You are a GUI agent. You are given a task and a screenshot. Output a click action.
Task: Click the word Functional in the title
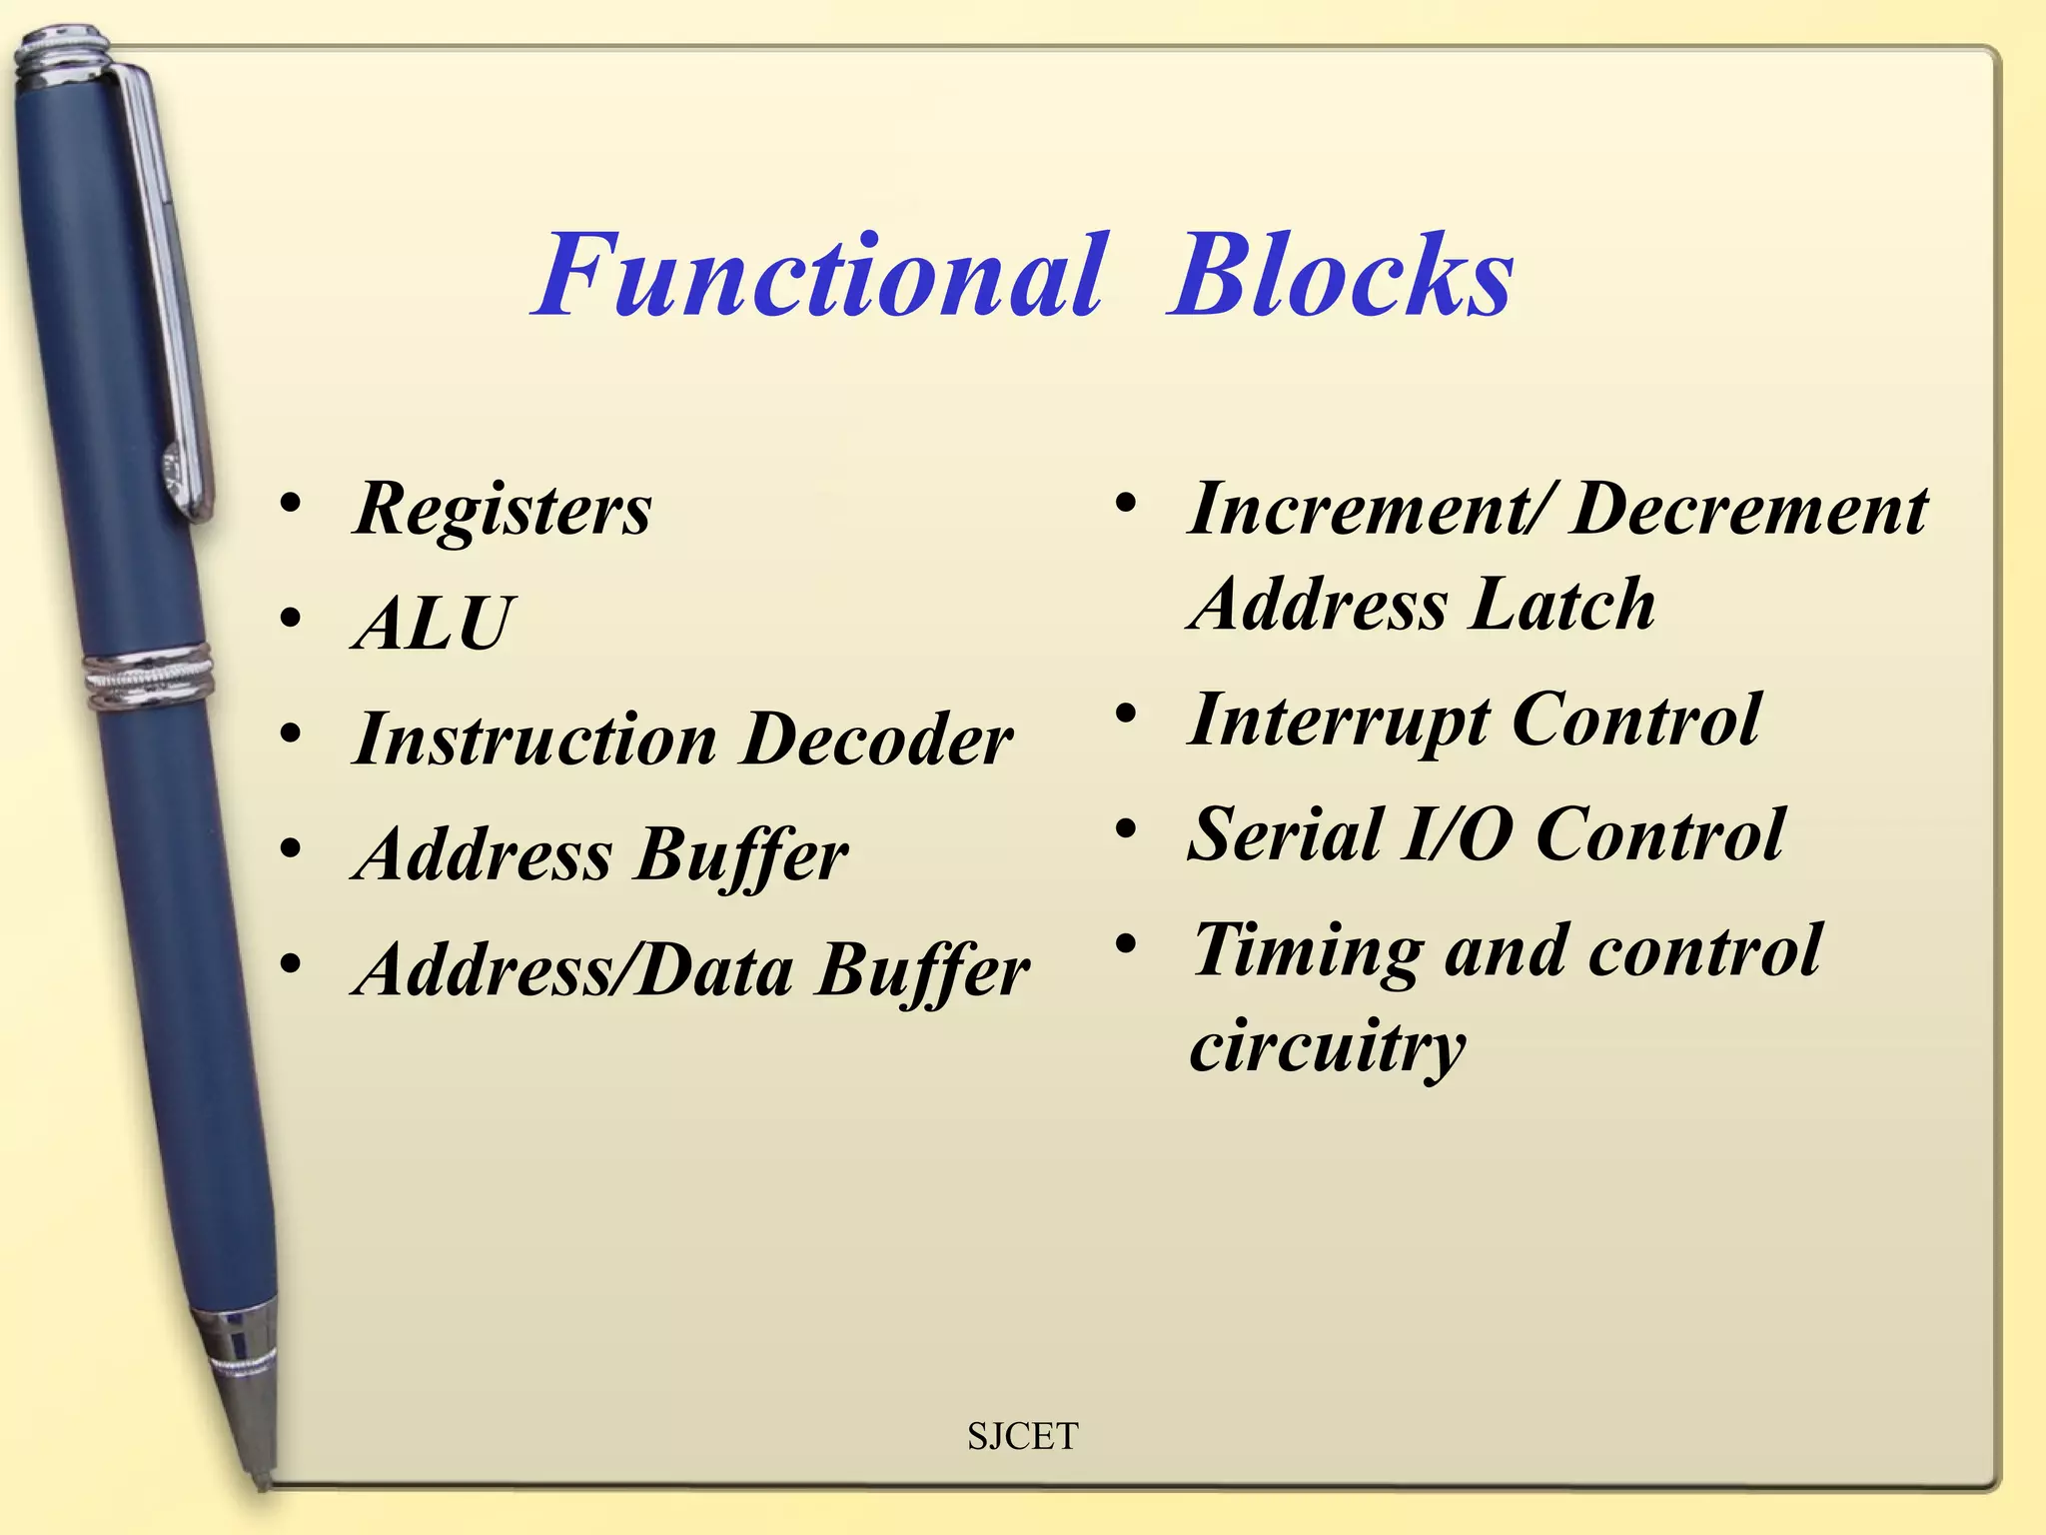(819, 276)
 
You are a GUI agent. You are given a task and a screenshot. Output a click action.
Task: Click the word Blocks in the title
(1341, 276)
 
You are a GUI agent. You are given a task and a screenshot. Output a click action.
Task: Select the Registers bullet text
(503, 510)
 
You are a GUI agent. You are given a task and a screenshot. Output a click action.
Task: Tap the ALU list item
(433, 625)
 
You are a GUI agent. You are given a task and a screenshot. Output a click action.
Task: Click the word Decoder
(878, 741)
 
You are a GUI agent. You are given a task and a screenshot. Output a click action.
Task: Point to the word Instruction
(534, 741)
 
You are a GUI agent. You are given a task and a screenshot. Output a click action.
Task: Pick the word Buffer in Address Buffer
(742, 856)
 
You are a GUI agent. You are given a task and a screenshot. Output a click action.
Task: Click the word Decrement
(1749, 510)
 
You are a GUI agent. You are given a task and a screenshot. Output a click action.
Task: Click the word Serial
(1284, 835)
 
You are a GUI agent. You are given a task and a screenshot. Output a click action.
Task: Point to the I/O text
(1458, 835)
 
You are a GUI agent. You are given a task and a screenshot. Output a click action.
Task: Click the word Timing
(1308, 950)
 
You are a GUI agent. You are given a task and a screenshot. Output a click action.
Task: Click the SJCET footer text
(1022, 1436)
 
